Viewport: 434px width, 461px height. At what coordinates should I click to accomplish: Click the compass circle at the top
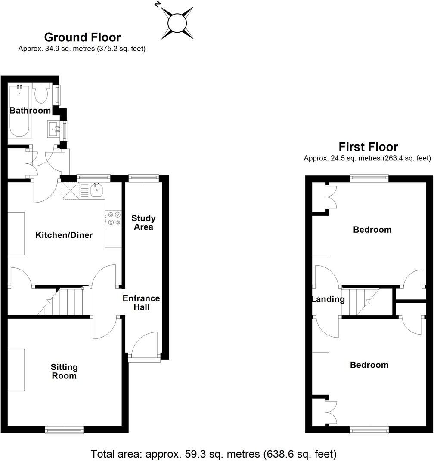tap(177, 23)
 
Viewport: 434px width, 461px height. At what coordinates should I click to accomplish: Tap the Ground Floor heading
tap(82, 37)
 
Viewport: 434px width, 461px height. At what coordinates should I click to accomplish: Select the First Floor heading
tap(368, 147)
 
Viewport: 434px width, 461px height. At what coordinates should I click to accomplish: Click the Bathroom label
tap(30, 111)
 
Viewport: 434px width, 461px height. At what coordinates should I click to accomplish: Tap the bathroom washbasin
tap(55, 128)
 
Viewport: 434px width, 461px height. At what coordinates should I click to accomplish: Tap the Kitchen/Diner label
tap(64, 235)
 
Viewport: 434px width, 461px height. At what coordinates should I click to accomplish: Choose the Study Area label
tap(143, 223)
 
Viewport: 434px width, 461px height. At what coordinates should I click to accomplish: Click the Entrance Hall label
tap(141, 303)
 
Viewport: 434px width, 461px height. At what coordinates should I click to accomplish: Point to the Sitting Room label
tap(64, 371)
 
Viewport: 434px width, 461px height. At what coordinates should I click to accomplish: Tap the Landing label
tap(328, 299)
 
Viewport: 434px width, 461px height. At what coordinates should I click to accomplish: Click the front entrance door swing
tap(144, 347)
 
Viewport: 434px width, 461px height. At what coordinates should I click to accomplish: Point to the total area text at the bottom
tap(214, 454)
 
